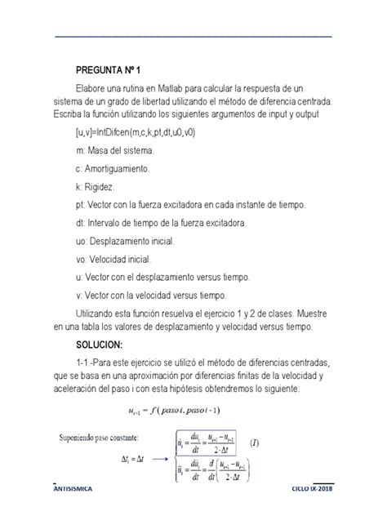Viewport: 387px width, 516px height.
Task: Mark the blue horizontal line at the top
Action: (193, 37)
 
